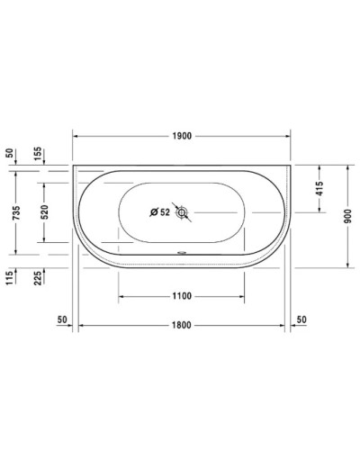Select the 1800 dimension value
[183, 325]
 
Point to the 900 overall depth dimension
[348, 216]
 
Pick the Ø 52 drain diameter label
[159, 213]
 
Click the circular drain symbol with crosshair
[183, 213]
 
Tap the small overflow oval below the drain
[183, 252]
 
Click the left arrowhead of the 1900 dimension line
[76, 136]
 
